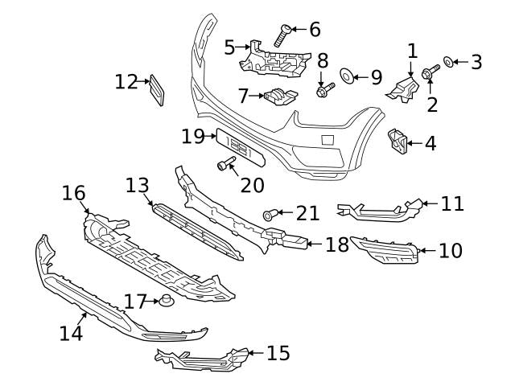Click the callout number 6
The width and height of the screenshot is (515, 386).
click(x=314, y=30)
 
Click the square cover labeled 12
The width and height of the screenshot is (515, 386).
click(x=159, y=90)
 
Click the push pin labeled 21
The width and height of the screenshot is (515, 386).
click(x=271, y=214)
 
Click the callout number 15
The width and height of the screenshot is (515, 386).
click(x=278, y=352)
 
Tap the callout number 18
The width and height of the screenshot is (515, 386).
click(x=337, y=244)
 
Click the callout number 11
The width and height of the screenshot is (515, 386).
click(x=452, y=203)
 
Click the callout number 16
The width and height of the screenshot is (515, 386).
click(x=73, y=193)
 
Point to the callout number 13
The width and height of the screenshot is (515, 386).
click(x=138, y=186)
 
